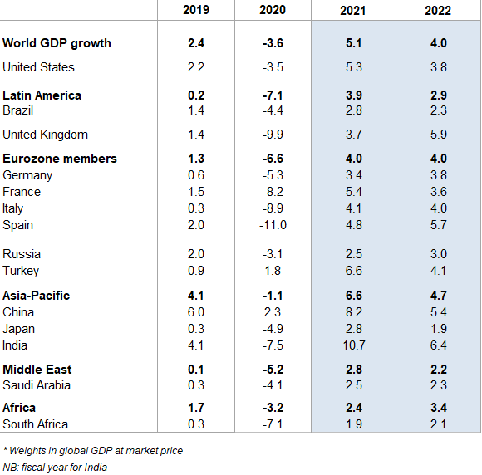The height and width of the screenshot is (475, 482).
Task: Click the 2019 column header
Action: tap(195, 11)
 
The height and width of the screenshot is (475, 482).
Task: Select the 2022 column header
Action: tap(438, 11)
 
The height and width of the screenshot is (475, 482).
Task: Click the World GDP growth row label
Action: tap(57, 43)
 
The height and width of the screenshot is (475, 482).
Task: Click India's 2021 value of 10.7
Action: tap(353, 345)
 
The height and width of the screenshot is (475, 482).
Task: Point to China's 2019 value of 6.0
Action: tap(195, 312)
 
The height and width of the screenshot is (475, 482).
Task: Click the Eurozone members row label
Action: tap(60, 159)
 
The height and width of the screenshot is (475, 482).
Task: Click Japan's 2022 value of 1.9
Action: tap(438, 329)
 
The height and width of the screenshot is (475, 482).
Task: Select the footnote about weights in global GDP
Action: tap(92, 451)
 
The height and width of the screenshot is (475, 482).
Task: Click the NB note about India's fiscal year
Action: tap(55, 467)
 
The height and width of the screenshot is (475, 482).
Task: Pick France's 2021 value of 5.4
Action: tap(353, 192)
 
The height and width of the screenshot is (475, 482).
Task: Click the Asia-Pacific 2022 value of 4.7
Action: tap(438, 296)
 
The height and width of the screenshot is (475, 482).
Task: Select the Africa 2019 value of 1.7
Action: tap(195, 408)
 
